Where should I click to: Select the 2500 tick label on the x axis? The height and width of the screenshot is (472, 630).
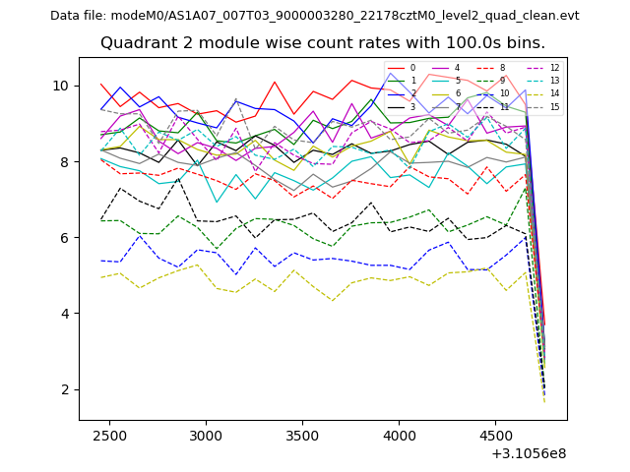pos(108,434)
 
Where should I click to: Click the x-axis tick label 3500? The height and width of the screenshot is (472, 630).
pos(302,434)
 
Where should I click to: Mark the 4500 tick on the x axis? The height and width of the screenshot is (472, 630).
pos(495,434)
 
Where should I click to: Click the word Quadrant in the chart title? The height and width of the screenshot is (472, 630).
pos(135,43)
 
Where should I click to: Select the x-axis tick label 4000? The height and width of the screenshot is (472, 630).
pos(399,434)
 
